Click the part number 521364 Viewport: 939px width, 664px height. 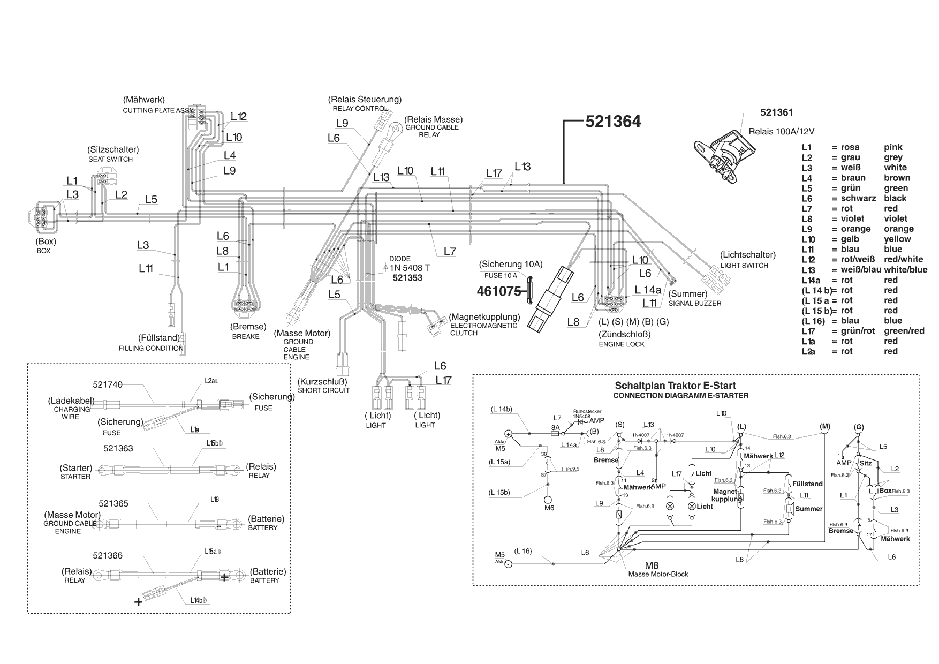click(613, 122)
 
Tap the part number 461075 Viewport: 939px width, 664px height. click(499, 291)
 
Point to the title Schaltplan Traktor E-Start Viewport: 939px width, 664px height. click(675, 386)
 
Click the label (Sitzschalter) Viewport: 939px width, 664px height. click(113, 149)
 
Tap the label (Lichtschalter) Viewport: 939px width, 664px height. click(747, 255)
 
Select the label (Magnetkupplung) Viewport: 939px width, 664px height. click(484, 317)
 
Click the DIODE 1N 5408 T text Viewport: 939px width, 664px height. click(409, 267)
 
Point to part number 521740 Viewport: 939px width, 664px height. click(108, 384)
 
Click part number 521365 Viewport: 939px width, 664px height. click(113, 503)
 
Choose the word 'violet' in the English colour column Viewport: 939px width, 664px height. click(896, 218)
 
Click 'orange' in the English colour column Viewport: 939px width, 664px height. click(899, 229)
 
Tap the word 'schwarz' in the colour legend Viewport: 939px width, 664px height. click(858, 198)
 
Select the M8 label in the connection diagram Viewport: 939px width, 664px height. click(652, 565)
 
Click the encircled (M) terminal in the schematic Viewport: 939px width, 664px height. click(824, 426)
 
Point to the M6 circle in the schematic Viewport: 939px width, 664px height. click(548, 499)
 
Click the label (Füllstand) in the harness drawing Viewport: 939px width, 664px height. click(158, 338)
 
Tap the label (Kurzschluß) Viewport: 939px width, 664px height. click(323, 381)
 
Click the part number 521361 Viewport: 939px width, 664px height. click(777, 112)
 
